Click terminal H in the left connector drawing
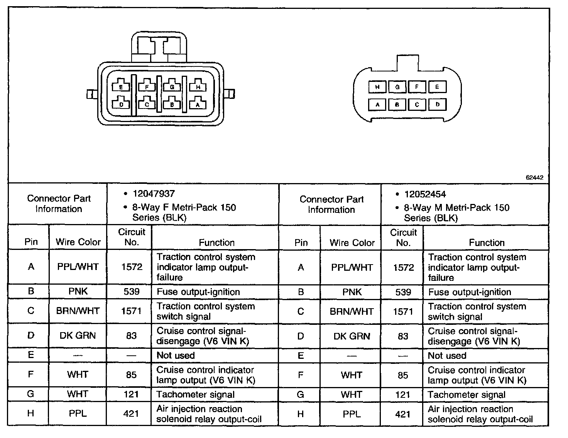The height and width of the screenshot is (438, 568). (x=198, y=87)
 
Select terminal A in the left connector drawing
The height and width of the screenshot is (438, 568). (x=198, y=104)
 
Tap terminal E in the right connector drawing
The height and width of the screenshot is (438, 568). (x=437, y=87)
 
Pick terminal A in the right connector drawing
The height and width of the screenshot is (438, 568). (x=378, y=104)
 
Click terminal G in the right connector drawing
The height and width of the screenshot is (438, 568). (x=397, y=87)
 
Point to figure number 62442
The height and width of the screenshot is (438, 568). (x=534, y=178)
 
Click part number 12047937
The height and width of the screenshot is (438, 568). (x=154, y=194)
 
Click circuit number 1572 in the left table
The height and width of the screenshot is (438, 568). (x=132, y=267)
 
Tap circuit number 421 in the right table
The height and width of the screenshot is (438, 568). (x=403, y=414)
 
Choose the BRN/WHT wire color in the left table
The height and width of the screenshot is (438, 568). (x=78, y=311)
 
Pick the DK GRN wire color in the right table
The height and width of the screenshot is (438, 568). (x=352, y=336)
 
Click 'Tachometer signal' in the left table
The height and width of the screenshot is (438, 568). (x=195, y=394)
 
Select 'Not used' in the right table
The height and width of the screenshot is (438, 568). (x=447, y=356)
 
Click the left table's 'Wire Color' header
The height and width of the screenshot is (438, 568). (x=78, y=242)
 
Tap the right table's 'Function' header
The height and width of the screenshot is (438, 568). (x=487, y=243)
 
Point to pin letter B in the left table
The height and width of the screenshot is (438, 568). (x=31, y=291)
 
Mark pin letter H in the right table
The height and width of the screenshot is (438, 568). (x=301, y=414)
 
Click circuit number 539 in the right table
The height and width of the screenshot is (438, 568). (x=403, y=292)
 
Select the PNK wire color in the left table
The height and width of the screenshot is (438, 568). (x=78, y=291)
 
